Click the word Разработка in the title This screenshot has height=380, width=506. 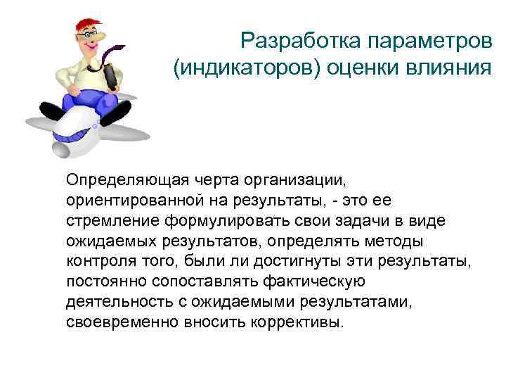point(301,41)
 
